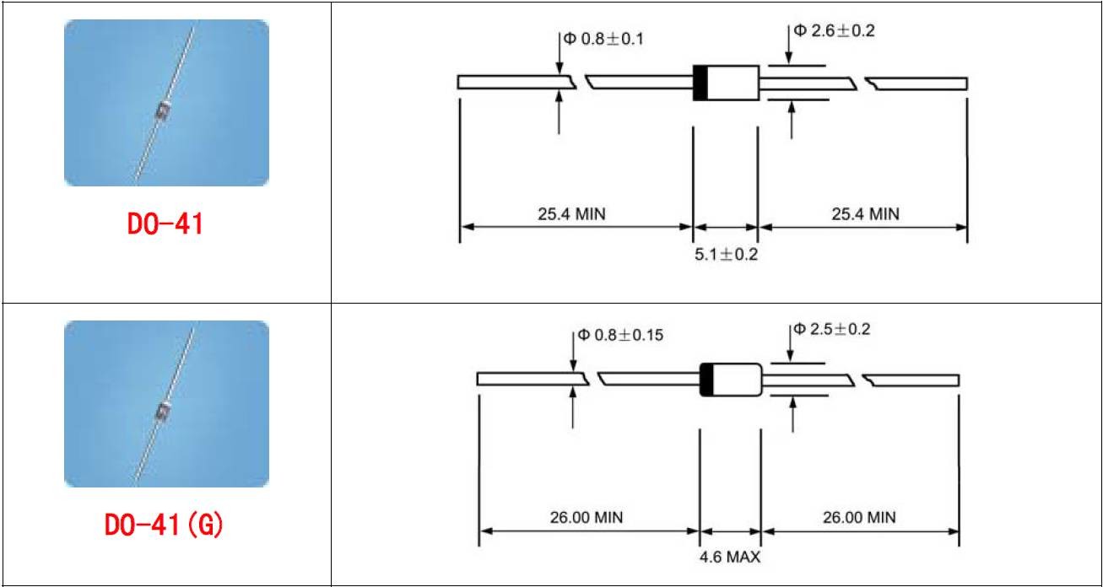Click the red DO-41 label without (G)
pyautogui.click(x=165, y=223)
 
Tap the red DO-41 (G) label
pyautogui.click(x=164, y=525)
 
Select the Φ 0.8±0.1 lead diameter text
pyautogui.click(x=603, y=39)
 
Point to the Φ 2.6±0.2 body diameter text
pyautogui.click(x=834, y=31)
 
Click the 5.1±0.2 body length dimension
pyautogui.click(x=726, y=255)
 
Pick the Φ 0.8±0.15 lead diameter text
pyautogui.click(x=620, y=335)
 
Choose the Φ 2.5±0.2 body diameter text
pyautogui.click(x=832, y=329)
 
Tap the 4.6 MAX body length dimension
pyautogui.click(x=730, y=557)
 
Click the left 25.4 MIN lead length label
pyautogui.click(x=571, y=214)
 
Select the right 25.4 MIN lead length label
pyautogui.click(x=866, y=214)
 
